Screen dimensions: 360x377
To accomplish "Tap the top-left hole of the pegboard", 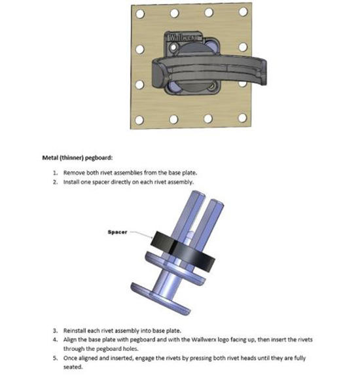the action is (140, 14).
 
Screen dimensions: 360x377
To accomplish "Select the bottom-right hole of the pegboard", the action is (242, 118).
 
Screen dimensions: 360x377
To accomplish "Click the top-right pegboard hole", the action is (243, 11).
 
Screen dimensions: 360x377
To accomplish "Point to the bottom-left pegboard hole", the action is (139, 120).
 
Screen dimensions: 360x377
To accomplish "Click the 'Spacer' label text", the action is (117, 232).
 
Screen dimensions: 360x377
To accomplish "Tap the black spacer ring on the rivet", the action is (183, 251).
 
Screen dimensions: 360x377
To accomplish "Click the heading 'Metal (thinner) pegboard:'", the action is (77, 158).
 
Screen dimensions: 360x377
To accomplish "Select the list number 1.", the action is (56, 173).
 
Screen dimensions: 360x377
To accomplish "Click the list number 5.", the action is (56, 358).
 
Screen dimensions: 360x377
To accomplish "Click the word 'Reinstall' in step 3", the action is (75, 331).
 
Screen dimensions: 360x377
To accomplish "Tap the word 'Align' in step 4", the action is (70, 340).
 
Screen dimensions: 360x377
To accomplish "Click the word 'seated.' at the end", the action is (73, 367).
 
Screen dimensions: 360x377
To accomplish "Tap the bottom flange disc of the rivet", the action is (160, 298).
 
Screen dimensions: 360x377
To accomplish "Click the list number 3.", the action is (56, 331).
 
